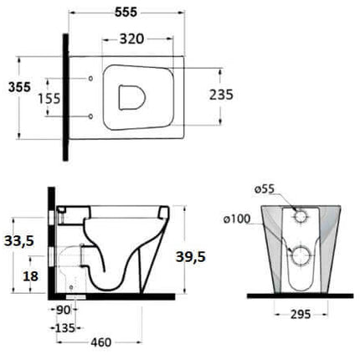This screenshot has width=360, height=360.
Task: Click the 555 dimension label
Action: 126,13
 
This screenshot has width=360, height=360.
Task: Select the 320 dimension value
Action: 131,39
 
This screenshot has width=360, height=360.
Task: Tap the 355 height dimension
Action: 19,87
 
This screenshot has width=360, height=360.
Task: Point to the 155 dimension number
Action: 49,99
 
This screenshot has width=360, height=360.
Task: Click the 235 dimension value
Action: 221,95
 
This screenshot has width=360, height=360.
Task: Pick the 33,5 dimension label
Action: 19,241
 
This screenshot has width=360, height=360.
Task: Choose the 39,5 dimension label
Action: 191,256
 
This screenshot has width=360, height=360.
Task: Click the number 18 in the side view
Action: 30,276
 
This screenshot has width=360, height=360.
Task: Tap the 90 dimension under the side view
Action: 63,310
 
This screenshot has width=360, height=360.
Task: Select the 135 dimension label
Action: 64,328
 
